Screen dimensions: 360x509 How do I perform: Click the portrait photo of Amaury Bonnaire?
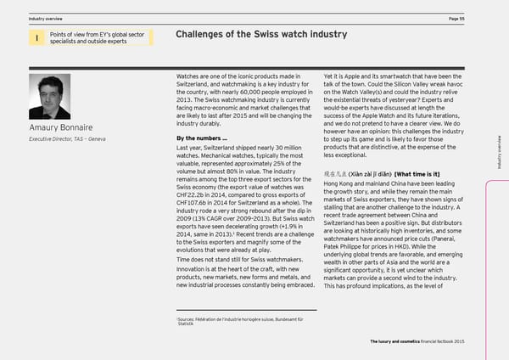[49, 96]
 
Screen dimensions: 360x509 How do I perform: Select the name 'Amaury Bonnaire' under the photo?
[61, 129]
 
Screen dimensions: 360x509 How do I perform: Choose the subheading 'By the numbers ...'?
[198, 138]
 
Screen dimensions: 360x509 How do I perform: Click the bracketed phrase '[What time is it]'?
[428, 174]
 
